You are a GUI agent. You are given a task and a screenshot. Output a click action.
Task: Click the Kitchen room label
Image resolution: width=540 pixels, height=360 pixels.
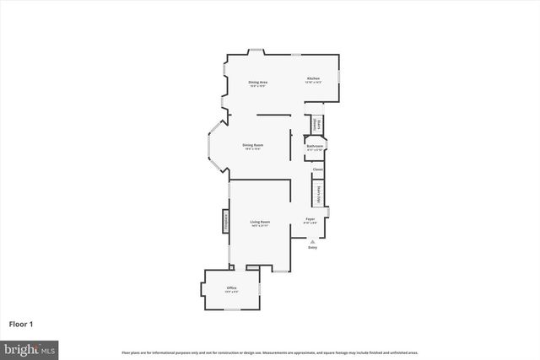(x=312, y=78)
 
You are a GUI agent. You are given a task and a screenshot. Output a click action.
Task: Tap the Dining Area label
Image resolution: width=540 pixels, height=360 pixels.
(x=257, y=82)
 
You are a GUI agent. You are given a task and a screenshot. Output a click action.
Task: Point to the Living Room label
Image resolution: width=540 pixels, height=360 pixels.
(x=259, y=222)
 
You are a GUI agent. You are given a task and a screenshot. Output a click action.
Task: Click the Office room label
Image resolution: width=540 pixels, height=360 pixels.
(x=231, y=288)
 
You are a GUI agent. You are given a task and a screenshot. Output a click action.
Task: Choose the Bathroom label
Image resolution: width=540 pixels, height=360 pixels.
(x=316, y=146)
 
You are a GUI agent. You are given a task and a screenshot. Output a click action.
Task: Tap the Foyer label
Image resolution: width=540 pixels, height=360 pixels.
(x=310, y=219)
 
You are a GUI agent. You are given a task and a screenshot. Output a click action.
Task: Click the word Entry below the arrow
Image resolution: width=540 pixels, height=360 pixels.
(x=312, y=247)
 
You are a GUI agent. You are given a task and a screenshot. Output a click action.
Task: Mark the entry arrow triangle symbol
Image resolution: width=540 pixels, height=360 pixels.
(x=312, y=240)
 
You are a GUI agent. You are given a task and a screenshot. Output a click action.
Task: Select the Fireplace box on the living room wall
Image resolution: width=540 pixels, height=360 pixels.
(x=226, y=221)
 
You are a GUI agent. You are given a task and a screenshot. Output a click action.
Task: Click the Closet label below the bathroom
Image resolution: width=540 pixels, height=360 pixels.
(x=318, y=169)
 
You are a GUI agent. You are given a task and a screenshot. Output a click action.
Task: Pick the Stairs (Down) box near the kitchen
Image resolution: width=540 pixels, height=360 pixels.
(x=318, y=124)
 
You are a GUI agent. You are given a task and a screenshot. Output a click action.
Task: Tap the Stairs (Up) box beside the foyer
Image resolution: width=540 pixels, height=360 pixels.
(x=319, y=194)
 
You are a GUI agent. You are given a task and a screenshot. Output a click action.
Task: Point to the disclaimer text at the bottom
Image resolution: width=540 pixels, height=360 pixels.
(x=270, y=352)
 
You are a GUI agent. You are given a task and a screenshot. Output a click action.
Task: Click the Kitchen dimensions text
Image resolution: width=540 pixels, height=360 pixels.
(x=312, y=83)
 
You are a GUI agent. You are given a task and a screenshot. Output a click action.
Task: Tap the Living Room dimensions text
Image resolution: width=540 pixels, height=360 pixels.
(x=259, y=226)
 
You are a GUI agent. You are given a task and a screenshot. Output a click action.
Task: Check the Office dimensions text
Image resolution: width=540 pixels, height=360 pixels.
(x=231, y=293)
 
